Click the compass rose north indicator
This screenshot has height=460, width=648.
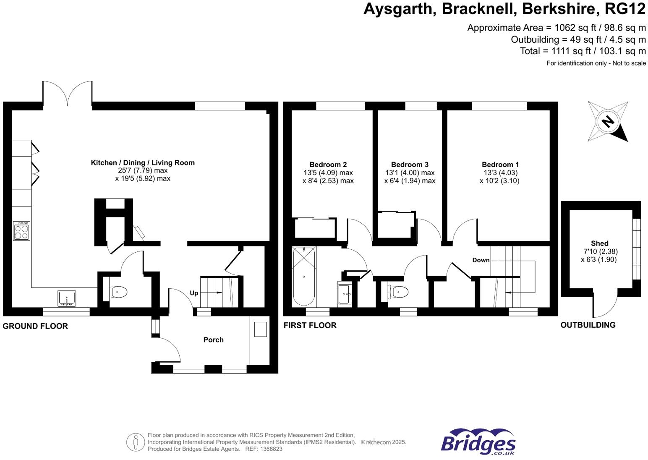[608, 122]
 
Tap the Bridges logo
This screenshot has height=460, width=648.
[478, 442]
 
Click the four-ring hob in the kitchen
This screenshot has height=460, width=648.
[21, 231]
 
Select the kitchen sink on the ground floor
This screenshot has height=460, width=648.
[67, 298]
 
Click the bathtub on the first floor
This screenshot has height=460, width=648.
[303, 276]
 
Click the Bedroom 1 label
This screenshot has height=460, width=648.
[500, 165]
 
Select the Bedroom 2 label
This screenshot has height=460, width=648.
[328, 165]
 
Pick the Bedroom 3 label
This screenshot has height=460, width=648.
[410, 165]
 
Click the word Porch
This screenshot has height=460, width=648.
[213, 340]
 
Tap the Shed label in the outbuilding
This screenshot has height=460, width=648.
[599, 243]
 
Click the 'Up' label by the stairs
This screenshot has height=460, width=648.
[194, 293]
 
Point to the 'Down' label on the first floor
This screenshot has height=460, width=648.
[481, 260]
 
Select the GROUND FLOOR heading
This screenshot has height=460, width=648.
[35, 326]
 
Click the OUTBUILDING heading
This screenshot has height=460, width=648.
[588, 325]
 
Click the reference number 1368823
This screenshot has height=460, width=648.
[271, 449]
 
